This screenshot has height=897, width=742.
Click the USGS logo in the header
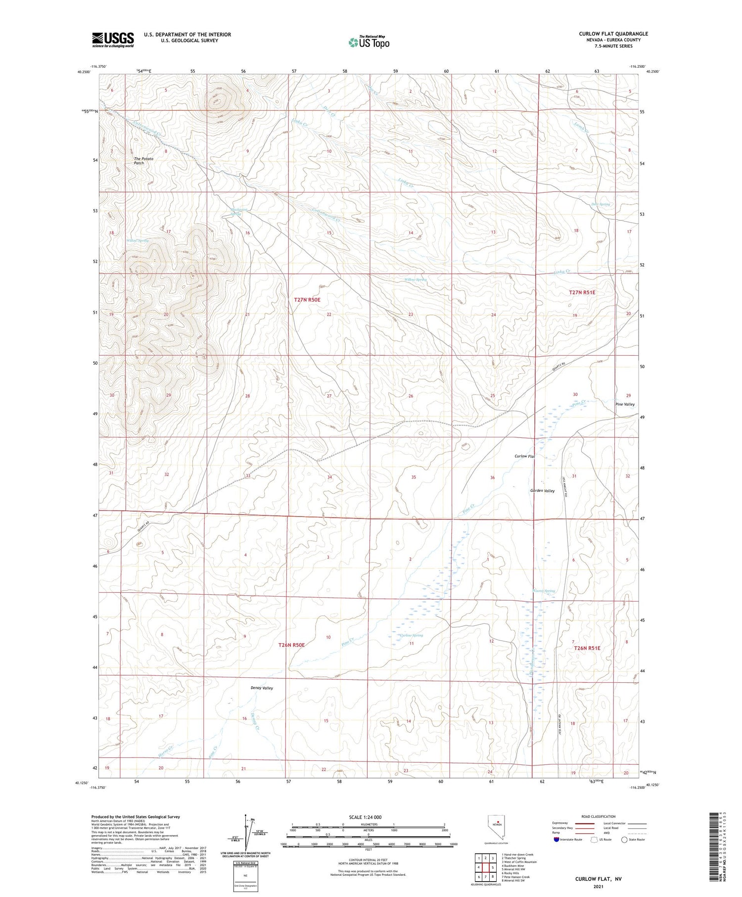tap(113, 40)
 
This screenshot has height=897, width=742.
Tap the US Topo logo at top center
tap(369, 42)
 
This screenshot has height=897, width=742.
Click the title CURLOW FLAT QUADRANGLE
tap(613, 34)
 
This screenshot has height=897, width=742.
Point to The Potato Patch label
tap(143, 161)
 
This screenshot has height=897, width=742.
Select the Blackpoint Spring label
tap(238, 212)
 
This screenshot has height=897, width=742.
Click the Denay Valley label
tap(262, 688)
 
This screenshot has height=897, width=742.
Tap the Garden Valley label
tap(542, 491)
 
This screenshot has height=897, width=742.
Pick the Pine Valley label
tap(625, 404)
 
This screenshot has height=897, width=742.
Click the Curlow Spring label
tap(412, 635)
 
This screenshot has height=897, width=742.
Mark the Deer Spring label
tap(601, 204)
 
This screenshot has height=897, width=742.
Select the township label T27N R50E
tap(307, 300)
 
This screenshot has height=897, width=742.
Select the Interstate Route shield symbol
tap(557, 840)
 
